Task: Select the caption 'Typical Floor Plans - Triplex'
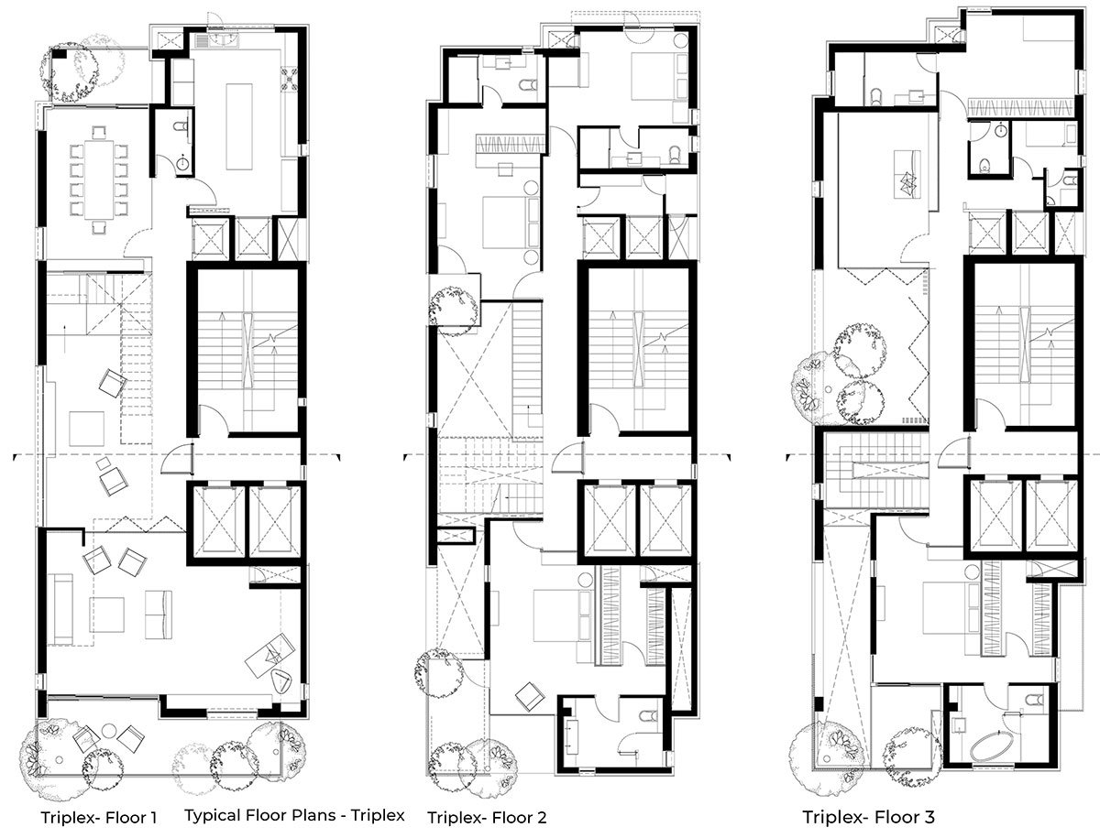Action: tap(294, 815)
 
